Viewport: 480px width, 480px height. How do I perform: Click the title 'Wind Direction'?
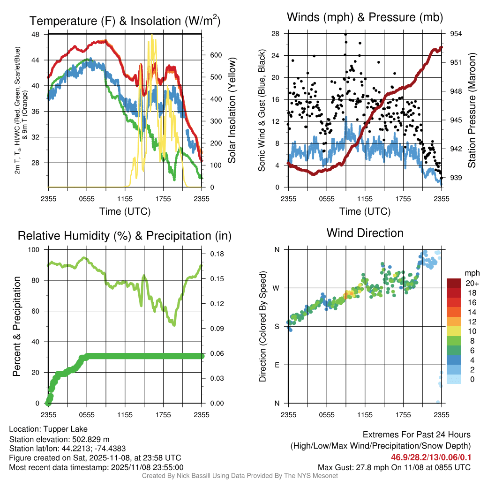(x=365, y=233)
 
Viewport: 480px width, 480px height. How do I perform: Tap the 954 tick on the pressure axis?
(x=456, y=34)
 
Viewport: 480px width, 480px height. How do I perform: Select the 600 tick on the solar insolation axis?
(x=216, y=55)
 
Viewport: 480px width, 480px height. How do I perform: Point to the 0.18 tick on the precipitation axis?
(x=217, y=254)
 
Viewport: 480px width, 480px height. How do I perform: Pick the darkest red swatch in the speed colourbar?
(x=455, y=284)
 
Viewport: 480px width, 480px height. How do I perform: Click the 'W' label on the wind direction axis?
(x=276, y=288)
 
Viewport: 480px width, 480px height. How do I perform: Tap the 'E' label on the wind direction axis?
(x=277, y=365)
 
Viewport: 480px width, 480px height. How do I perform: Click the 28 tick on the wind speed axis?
(x=276, y=34)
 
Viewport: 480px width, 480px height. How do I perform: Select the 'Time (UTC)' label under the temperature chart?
(x=125, y=212)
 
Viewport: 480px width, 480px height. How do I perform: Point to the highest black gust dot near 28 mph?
(x=345, y=34)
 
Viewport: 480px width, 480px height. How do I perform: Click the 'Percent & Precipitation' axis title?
(x=17, y=326)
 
